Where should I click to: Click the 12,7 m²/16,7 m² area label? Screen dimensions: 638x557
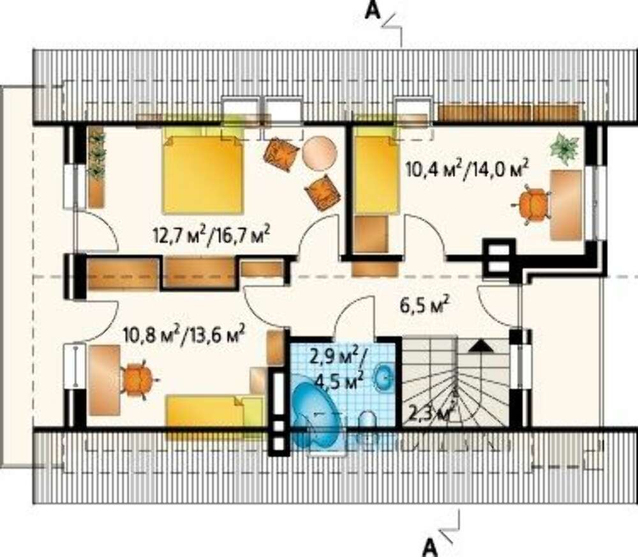pyautogui.click(x=211, y=236)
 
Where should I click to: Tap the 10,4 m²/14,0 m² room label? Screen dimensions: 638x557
pyautogui.click(x=467, y=167)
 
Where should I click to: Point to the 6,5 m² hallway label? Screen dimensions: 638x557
pyautogui.click(x=424, y=305)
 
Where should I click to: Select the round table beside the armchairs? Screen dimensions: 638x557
pyautogui.click(x=320, y=153)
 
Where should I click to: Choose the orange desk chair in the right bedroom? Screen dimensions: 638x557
pyautogui.click(x=533, y=204)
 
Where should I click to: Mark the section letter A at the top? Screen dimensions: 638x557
pyautogui.click(x=373, y=11)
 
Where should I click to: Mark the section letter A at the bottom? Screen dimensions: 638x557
pyautogui.click(x=431, y=547)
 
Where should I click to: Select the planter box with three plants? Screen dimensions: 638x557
pyautogui.click(x=96, y=167)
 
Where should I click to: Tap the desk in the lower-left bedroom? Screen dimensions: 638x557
pyautogui.click(x=104, y=380)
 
